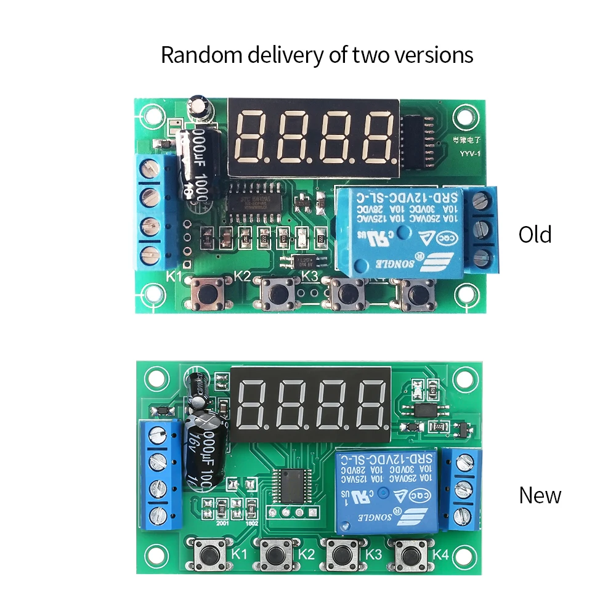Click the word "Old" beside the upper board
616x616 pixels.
(535, 235)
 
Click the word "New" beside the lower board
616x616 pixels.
(540, 495)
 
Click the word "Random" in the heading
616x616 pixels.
(203, 55)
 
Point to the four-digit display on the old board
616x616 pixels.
(312, 136)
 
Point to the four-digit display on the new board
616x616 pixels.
(310, 403)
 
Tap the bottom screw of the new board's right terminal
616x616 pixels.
(466, 515)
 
